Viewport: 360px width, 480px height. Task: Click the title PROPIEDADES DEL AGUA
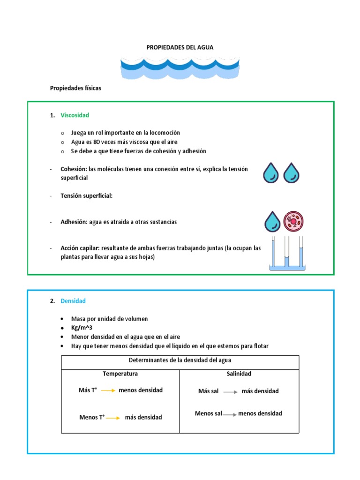point(180,47)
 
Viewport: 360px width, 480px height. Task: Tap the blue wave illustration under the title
point(180,67)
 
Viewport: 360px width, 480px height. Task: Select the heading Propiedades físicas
point(75,88)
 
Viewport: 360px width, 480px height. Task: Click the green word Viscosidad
point(75,115)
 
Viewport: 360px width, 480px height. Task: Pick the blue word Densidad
point(73,301)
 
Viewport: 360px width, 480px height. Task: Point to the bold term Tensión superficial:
point(86,195)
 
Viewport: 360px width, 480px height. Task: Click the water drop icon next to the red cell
point(272,221)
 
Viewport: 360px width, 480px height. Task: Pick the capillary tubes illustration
point(287,254)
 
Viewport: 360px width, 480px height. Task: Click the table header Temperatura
point(120,374)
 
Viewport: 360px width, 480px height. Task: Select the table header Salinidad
point(239,373)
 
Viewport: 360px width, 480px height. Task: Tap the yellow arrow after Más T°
point(108,390)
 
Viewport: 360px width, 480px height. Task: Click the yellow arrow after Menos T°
point(113,417)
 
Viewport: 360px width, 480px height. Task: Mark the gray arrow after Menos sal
point(230,414)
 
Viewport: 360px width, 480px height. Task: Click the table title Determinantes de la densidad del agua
point(180,360)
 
